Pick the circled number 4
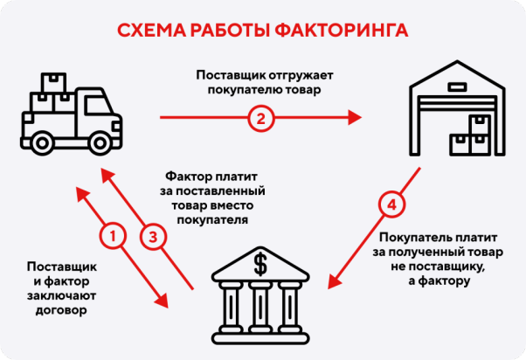tap(392, 206)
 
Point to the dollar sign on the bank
tap(260, 262)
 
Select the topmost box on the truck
tap(53, 81)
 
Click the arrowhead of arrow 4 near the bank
tap(331, 282)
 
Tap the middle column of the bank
tap(260, 305)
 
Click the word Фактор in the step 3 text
tap(187, 175)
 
